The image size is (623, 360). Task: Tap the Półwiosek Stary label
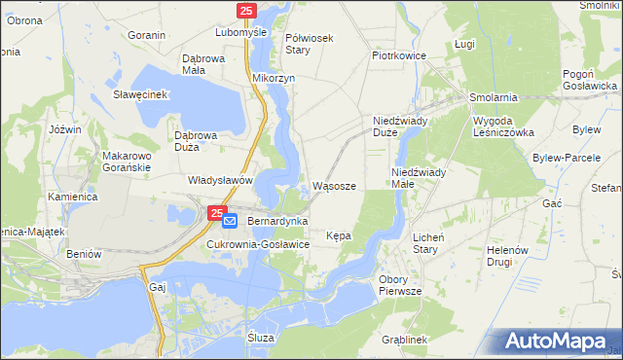(310, 44)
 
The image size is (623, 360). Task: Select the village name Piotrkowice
(400, 55)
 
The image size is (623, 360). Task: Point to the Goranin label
(147, 34)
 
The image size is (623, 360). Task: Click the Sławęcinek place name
(141, 94)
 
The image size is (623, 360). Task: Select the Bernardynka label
(277, 222)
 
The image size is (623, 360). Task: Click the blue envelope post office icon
(230, 222)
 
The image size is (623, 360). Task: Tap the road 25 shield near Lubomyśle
(246, 11)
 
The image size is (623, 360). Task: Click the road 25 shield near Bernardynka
(219, 210)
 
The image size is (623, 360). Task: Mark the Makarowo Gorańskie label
(125, 162)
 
